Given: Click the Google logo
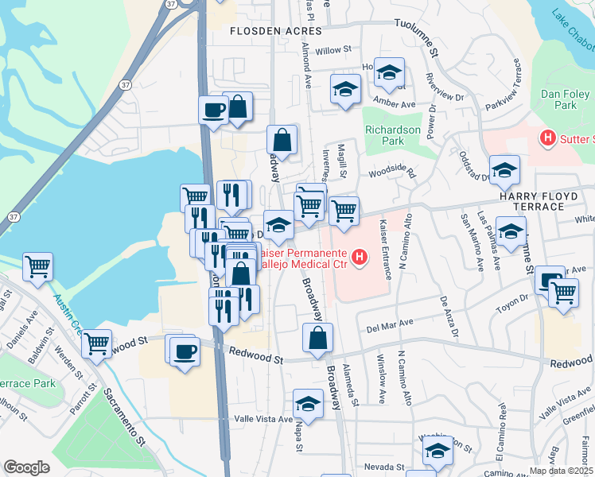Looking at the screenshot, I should (27, 467).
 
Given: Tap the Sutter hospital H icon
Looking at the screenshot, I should (547, 138).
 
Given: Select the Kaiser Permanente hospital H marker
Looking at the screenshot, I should (360, 258).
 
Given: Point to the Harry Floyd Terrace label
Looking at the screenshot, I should (542, 196).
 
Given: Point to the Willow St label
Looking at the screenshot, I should (332, 50).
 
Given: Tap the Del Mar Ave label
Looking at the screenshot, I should (390, 324).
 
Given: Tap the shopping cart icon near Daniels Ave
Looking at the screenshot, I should (37, 268).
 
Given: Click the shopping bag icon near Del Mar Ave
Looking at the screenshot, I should (317, 338).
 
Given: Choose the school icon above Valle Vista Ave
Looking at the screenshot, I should (308, 404).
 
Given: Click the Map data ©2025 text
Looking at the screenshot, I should (561, 471).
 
